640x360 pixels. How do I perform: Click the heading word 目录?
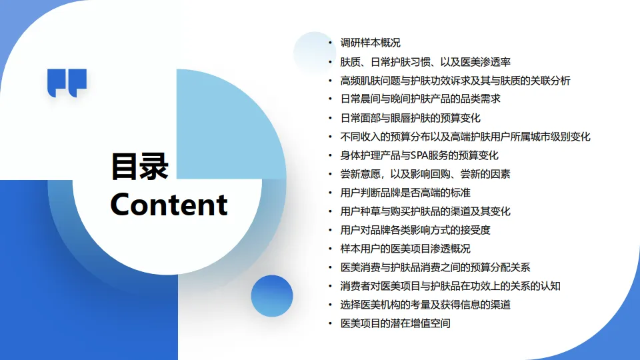click(139, 167)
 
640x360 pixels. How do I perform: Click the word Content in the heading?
click(169, 204)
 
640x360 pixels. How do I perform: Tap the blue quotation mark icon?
click(67, 83)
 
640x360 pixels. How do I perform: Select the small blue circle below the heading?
click(272, 295)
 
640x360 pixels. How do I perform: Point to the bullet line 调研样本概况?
click(370, 43)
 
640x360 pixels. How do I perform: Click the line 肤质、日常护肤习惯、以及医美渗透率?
click(425, 62)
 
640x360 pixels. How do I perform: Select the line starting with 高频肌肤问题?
click(455, 81)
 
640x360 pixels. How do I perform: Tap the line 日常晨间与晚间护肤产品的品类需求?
click(420, 99)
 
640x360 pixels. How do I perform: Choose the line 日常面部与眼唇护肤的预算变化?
click(410, 118)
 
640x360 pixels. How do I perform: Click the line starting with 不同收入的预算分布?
click(465, 137)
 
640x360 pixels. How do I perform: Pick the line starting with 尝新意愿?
click(425, 174)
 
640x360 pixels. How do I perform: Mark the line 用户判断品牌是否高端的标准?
click(405, 193)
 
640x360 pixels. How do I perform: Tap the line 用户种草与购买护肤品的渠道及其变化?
click(425, 211)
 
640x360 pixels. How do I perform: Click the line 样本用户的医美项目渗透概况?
click(405, 249)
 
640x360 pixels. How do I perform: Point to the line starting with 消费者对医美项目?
click(450, 286)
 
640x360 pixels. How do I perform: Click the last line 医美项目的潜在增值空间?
click(395, 323)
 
